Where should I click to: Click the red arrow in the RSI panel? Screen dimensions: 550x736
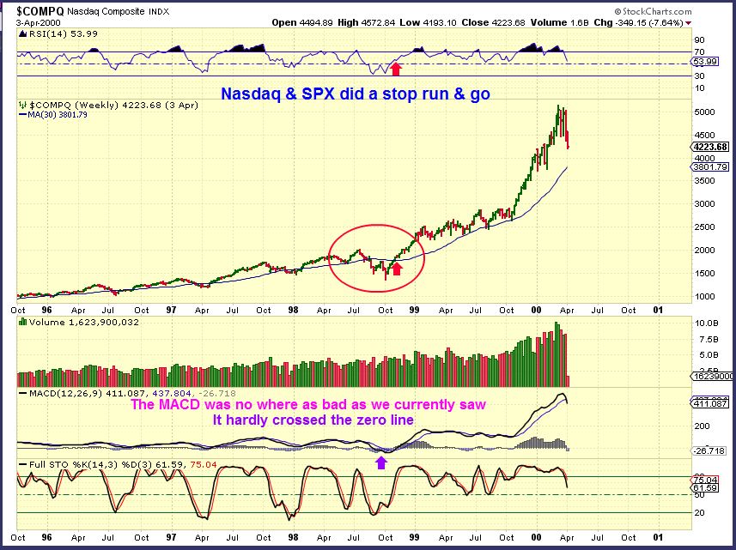coord(396,68)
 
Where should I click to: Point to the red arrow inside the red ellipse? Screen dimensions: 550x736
coord(396,269)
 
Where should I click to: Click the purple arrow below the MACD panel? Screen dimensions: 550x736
coord(382,462)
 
